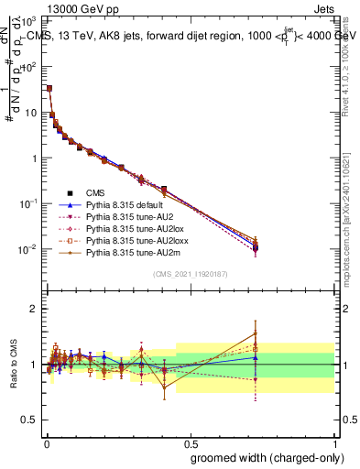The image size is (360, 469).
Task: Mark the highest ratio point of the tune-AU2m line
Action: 256,333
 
